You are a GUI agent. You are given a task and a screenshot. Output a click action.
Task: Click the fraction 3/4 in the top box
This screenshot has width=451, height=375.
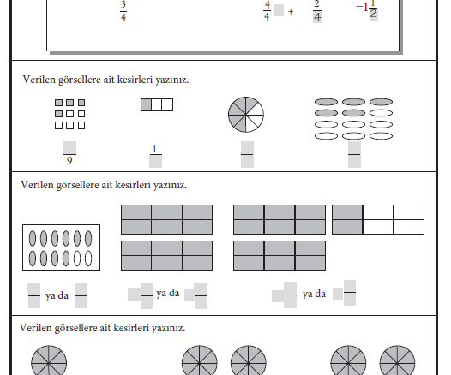[123, 11]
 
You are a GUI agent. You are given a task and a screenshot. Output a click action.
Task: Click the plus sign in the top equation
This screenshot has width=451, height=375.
[291, 11]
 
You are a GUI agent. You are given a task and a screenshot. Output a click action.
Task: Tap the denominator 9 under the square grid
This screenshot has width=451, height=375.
[69, 161]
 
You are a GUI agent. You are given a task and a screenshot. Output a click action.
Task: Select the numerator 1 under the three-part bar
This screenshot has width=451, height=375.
[154, 149]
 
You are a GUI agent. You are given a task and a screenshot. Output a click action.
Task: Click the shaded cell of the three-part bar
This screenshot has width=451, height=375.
[146, 104]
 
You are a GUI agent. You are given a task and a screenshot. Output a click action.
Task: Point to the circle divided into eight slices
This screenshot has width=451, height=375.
[246, 115]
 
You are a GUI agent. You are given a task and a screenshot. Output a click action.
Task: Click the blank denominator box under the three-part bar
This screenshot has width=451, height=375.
[155, 162]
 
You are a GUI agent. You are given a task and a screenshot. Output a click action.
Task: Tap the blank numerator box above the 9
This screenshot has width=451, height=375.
[70, 147]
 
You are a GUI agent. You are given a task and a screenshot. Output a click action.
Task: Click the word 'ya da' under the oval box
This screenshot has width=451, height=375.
[57, 295]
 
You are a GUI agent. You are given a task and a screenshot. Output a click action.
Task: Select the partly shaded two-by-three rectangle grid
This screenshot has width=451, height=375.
[378, 220]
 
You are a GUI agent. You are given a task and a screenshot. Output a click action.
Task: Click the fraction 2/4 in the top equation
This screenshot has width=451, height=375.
[317, 11]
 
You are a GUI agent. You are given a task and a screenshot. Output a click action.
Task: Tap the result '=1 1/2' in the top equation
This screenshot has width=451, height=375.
[367, 9]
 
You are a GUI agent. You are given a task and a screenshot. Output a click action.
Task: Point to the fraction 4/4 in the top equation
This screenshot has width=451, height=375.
[267, 11]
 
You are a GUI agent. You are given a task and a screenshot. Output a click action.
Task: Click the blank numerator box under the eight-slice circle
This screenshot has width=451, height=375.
[247, 147]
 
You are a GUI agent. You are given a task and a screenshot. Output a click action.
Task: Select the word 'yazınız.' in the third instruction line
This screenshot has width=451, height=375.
[169, 328]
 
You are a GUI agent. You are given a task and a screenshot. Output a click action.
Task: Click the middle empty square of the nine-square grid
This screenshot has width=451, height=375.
[70, 114]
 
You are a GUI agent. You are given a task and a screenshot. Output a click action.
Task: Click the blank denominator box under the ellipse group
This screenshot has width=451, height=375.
[354, 162]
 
